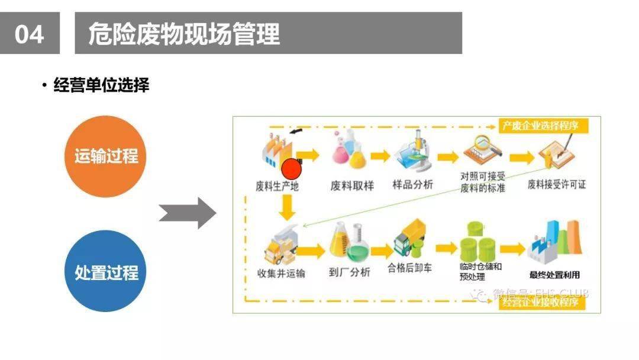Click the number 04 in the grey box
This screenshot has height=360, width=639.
tap(30, 34)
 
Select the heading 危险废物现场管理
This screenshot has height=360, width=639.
tap(184, 34)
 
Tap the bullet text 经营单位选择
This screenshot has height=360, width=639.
tap(101, 85)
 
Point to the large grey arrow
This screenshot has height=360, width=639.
tap(188, 213)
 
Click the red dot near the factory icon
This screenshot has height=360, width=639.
tap(291, 169)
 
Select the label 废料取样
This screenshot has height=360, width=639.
tap(352, 185)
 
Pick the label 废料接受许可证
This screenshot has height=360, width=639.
tap(557, 185)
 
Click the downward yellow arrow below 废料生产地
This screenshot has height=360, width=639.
tap(288, 207)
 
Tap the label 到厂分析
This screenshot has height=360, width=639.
tap(349, 272)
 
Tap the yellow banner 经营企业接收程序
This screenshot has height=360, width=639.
tap(542, 303)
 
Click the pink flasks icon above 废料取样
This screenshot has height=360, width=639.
tap(350, 151)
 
